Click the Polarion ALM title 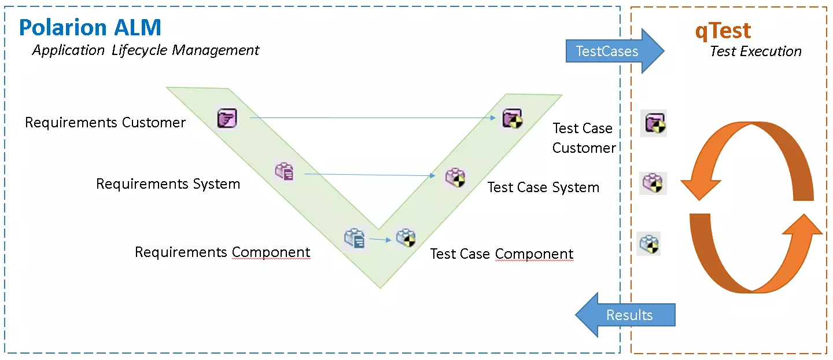click(90, 27)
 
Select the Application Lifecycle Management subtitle click(146, 50)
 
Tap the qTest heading click(723, 30)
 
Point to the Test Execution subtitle click(755, 52)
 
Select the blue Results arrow click(625, 315)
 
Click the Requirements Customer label click(105, 123)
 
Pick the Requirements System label click(168, 184)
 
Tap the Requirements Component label click(222, 252)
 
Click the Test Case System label click(543, 188)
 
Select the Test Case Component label click(502, 254)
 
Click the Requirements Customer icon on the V click(227, 118)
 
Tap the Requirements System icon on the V click(284, 171)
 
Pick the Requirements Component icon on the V click(354, 238)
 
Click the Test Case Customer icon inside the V click(512, 118)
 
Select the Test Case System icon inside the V click(455, 177)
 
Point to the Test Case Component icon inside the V click(405, 238)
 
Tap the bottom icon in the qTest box click(649, 244)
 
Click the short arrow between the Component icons click(379, 239)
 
